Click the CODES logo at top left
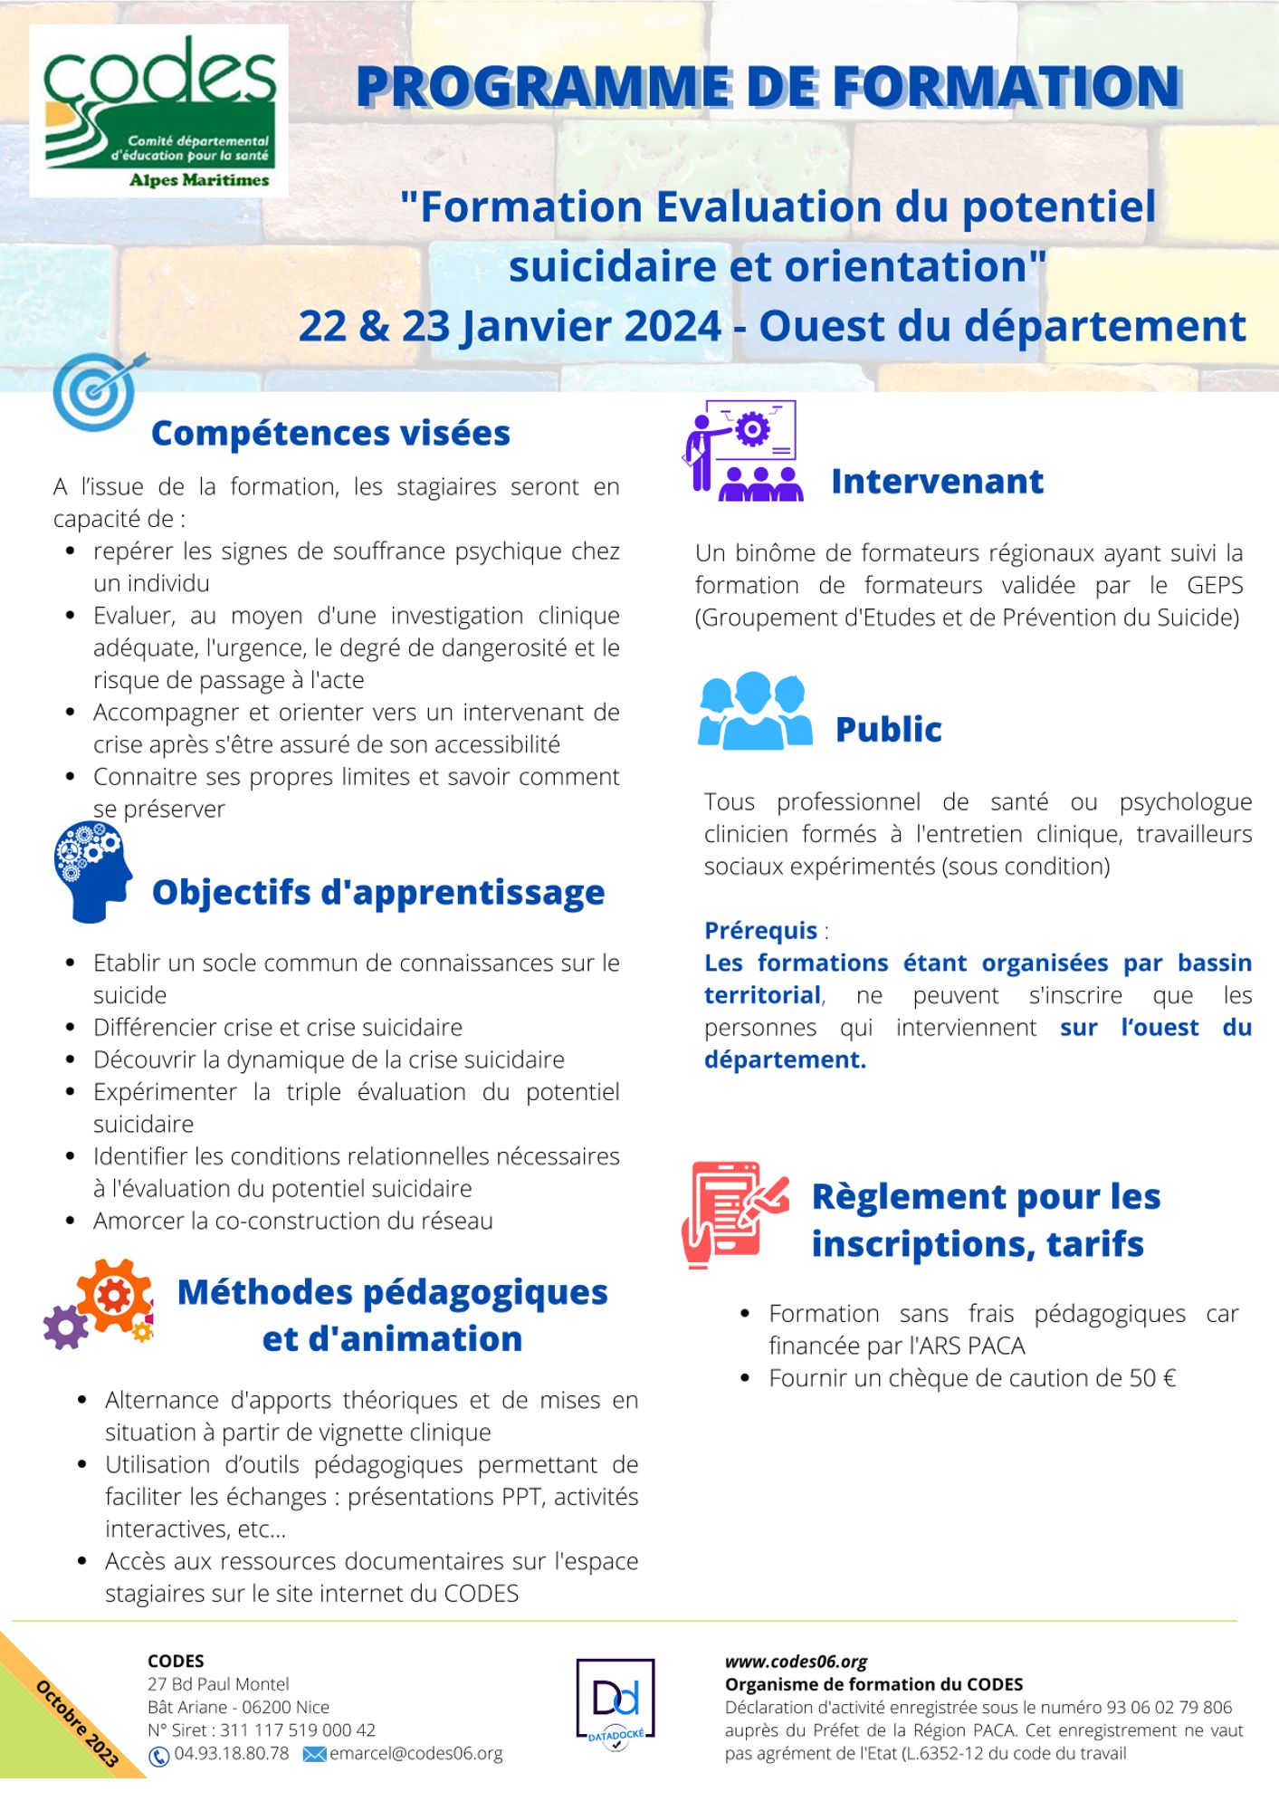point(158,110)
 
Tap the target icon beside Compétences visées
point(98,391)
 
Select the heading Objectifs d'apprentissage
point(377,892)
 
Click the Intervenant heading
point(937,482)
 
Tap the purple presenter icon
point(741,452)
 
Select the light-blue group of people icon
point(754,711)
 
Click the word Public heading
point(888,729)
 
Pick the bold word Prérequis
point(760,930)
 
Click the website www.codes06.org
point(796,1662)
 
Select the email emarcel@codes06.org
point(415,1753)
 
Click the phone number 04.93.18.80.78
point(232,1753)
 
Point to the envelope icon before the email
point(313,1754)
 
